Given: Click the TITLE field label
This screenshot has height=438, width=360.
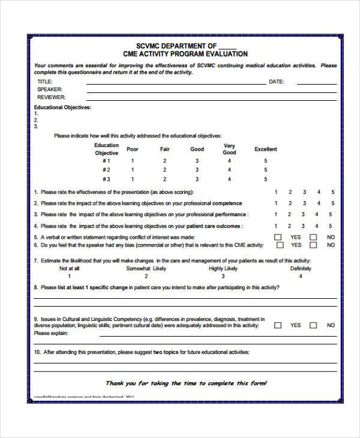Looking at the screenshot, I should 45,81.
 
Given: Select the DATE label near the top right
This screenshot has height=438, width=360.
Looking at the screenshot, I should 276,81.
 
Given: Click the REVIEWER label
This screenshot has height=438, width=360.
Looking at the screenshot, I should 52,97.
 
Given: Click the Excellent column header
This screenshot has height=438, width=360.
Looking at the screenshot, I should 265,149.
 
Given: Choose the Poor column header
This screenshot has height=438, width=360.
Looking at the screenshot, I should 133,149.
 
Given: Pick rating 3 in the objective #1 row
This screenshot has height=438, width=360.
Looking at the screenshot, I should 197,161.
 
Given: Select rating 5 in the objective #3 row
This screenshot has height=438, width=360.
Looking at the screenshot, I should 265,179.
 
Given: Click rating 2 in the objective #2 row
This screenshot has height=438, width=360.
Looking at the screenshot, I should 164,170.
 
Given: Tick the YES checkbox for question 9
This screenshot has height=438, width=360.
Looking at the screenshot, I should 278,325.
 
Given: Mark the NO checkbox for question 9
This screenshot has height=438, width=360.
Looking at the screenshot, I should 313,325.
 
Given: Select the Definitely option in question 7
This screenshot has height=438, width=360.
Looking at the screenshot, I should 301,269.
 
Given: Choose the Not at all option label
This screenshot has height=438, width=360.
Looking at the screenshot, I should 69,269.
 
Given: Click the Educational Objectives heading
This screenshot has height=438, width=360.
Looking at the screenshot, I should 62,107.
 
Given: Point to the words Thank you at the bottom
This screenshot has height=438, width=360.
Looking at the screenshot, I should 120,383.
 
